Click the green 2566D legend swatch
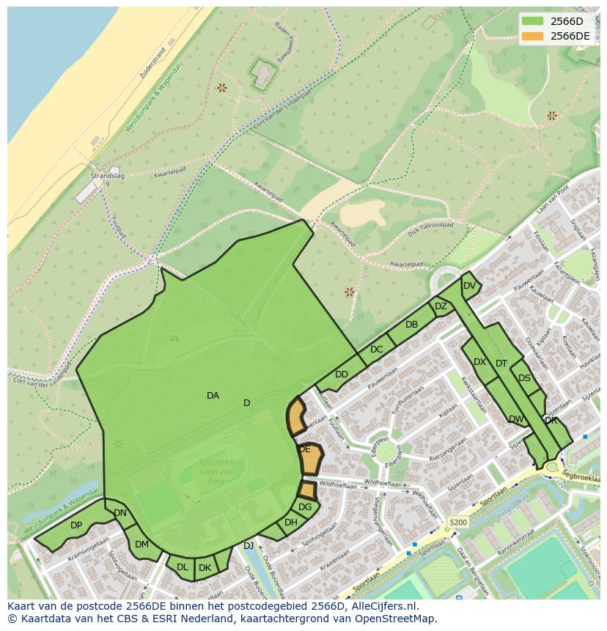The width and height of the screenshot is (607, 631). coord(533,21)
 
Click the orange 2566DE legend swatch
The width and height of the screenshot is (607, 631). coord(533,36)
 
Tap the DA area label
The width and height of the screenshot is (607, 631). coord(213,396)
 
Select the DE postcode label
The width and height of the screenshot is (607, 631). coord(304,449)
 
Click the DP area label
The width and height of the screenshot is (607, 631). coord(76,525)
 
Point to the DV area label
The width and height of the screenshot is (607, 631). coord(469,286)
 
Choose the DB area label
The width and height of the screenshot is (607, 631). coord(411,325)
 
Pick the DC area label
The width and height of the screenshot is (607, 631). coord(376,350)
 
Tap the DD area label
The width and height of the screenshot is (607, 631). coord(341,374)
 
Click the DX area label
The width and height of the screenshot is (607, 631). coord(479,362)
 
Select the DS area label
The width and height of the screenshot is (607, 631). coord(523,378)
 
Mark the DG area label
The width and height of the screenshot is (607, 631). coord(305,507)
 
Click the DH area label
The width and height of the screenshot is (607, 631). coord(291,523)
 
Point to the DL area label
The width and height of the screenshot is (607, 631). coord(182,567)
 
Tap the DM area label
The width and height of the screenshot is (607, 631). coord(141,545)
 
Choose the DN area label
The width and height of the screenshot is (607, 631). coord(120,513)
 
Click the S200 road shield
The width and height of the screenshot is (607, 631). coord(457,523)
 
